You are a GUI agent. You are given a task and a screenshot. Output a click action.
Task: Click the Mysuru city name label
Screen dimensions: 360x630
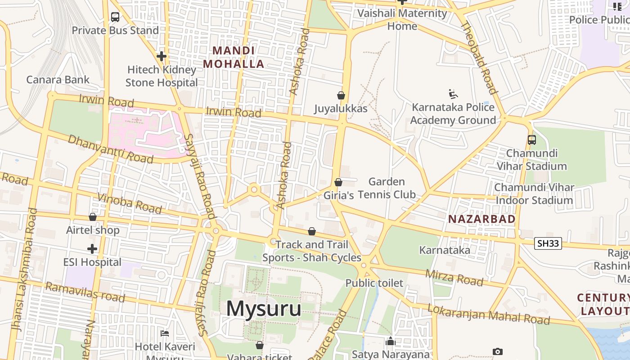coord(264,309)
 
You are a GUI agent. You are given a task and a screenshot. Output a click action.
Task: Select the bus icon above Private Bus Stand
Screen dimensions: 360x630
coord(115,18)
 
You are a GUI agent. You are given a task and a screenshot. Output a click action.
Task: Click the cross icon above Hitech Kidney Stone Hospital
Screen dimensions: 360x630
coord(162,56)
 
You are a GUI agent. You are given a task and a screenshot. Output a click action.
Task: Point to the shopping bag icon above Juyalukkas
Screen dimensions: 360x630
coord(341,95)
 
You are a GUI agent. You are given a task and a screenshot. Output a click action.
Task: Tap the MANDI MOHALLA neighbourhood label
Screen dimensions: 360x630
coord(234,57)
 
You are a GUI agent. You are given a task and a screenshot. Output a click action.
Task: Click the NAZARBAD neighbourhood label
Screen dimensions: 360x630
coord(482,219)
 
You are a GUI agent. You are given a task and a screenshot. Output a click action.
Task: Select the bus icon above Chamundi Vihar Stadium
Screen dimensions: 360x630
coord(532,140)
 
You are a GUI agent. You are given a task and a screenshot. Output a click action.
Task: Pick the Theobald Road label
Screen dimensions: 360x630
coord(480,58)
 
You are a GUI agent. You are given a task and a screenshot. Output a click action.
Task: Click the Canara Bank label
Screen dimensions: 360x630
coord(58,80)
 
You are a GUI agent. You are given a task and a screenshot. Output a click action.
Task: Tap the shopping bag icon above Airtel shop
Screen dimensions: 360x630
coord(93,217)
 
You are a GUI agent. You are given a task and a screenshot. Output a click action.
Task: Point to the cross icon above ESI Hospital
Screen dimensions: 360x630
coord(92,249)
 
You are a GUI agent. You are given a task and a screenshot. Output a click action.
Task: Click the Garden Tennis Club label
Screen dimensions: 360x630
coord(387,188)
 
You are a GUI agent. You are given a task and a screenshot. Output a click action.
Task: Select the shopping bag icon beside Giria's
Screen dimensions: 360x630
coord(338,182)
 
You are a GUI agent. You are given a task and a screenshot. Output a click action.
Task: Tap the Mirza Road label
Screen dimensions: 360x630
coord(454,278)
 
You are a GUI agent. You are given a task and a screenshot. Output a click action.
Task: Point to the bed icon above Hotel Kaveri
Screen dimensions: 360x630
coord(165,333)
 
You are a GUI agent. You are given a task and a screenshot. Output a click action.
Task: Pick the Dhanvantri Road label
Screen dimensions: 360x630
coord(111,148)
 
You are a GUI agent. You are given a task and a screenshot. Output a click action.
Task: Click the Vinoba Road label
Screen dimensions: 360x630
coord(130,203)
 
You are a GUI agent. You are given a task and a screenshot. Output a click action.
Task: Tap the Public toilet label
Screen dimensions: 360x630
coord(374,283)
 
